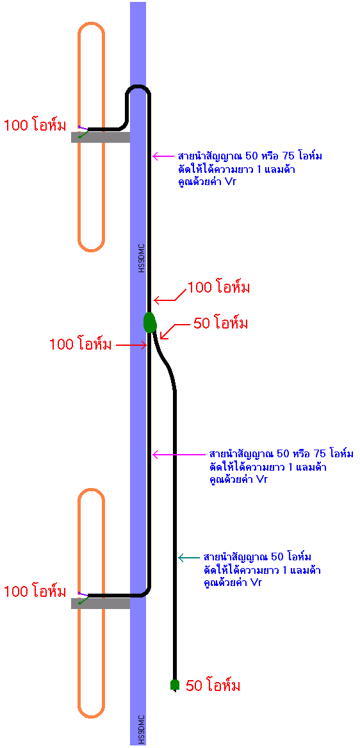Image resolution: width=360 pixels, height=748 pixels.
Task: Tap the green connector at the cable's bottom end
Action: pos(175,685)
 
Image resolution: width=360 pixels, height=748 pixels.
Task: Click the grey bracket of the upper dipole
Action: pos(101,137)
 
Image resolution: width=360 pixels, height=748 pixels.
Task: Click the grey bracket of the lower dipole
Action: pos(101,603)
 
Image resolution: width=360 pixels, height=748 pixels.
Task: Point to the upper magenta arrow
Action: pos(164,156)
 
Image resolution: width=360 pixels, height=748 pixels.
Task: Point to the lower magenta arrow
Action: pos(179,454)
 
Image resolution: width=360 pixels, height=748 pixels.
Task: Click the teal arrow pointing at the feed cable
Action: pos(189,557)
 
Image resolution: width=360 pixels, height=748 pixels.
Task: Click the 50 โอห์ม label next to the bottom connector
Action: pos(213,686)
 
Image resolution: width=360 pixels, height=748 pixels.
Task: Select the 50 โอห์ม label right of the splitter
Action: pos(220,324)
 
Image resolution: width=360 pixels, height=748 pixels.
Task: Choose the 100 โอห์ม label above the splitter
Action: pos(219,288)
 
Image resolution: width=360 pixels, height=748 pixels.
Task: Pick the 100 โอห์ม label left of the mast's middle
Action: pos(80,344)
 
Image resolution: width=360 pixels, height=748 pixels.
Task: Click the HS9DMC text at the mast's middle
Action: pos(142,259)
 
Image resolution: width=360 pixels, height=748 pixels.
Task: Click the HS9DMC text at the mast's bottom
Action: pos(142,729)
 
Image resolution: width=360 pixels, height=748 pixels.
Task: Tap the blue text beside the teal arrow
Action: pos(261,569)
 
